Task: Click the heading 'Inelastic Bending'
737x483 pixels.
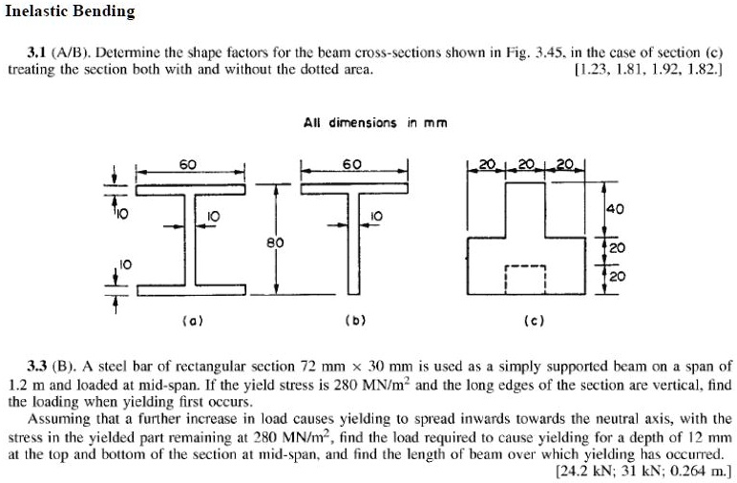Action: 70,12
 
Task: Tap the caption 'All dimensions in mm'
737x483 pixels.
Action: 375,122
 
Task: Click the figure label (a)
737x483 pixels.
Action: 190,320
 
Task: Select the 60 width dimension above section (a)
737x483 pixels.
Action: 189,164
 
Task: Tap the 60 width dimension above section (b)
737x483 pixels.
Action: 352,164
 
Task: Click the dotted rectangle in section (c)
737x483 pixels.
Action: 524,280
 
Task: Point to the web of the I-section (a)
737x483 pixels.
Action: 192,238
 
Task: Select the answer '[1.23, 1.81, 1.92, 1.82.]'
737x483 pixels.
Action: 648,70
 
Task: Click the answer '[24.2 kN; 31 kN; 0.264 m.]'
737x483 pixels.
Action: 642,471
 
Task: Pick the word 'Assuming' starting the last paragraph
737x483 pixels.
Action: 59,419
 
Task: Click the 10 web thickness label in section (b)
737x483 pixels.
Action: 376,216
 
